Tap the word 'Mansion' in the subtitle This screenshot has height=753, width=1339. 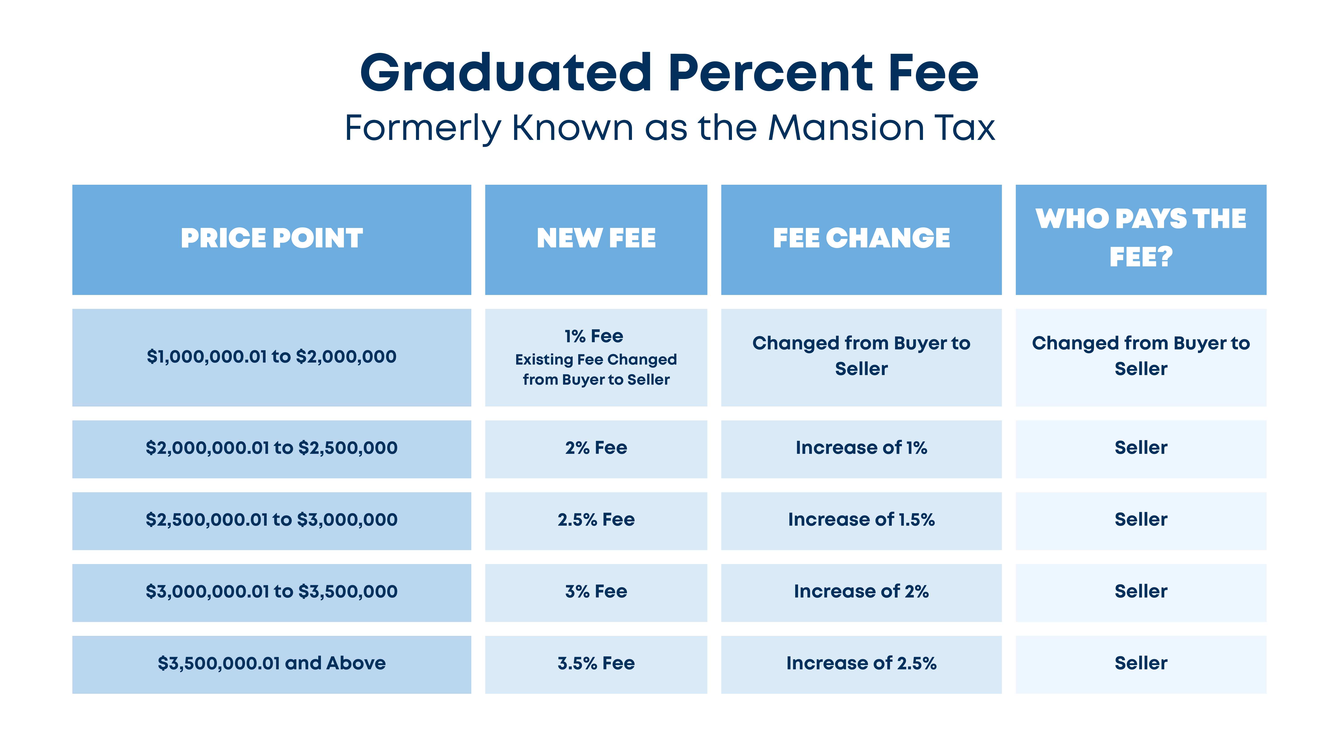coord(845,128)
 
